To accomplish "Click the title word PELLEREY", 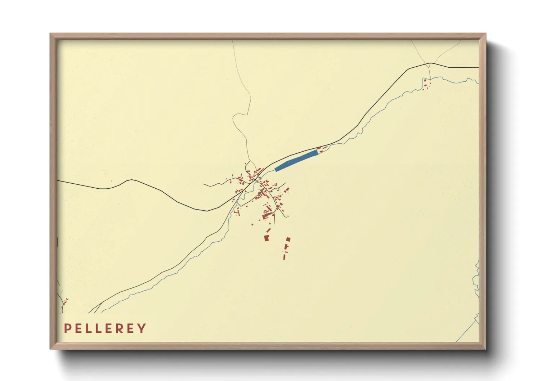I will click(105, 328).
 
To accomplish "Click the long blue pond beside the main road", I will click(296, 161).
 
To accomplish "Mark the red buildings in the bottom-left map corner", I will click(65, 302).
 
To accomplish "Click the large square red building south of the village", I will click(266, 238).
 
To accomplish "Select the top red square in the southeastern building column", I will click(288, 239).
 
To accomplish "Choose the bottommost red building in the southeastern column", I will click(284, 257).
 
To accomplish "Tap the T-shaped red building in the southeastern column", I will click(286, 247).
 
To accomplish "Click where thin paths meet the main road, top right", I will click(430, 63).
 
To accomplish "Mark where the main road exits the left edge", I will click(58, 181).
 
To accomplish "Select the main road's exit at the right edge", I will click(478, 67).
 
